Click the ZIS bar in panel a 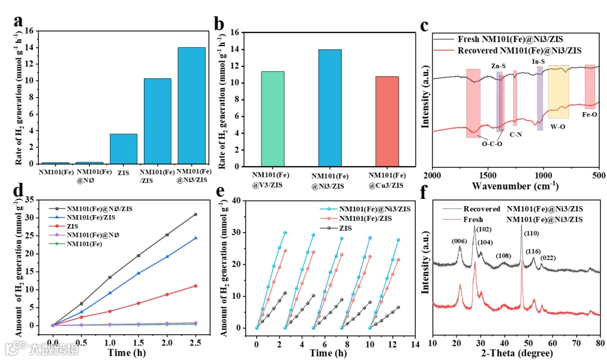[123, 149]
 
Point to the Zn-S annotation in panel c [499, 66]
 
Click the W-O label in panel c [558, 126]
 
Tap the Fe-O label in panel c [590, 114]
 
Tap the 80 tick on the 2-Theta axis [600, 342]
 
